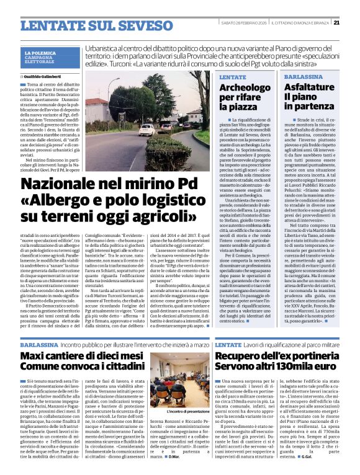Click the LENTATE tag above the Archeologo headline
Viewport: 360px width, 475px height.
233,76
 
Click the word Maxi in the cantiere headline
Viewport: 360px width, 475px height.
35,355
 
